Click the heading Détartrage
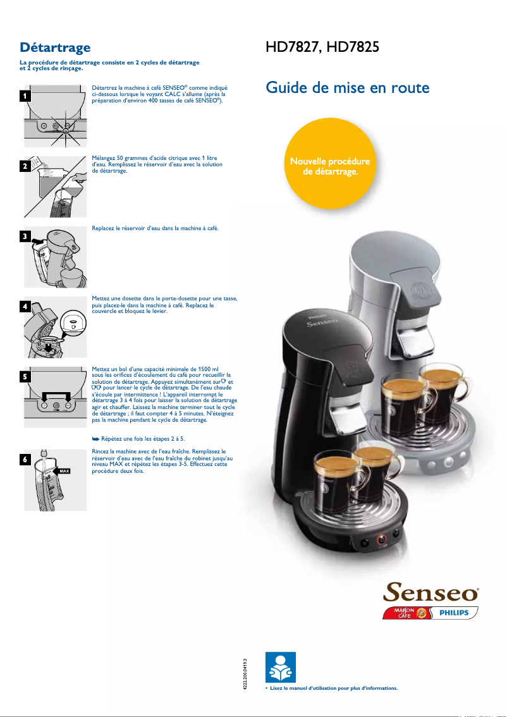point(55,47)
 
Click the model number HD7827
point(291,48)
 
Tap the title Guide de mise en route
point(348,87)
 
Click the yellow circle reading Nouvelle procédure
point(329,166)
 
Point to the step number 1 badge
point(25,97)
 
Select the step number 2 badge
point(25,167)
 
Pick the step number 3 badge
point(25,237)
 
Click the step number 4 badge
point(25,307)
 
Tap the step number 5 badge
point(25,377)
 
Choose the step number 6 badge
point(25,460)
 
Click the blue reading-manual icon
point(279,666)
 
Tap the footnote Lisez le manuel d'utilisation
point(334,688)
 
